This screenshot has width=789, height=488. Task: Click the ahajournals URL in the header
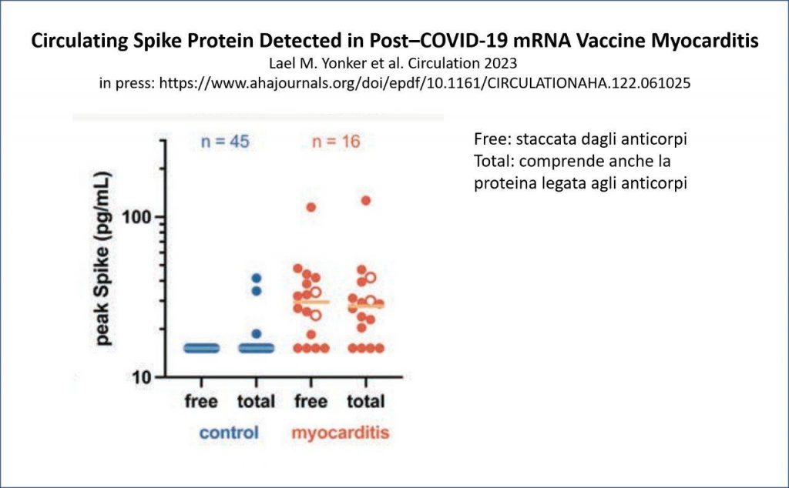[425, 83]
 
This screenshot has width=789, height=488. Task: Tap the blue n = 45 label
[225, 142]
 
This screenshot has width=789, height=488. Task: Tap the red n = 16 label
[336, 142]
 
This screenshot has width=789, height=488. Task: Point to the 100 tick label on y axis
[136, 217]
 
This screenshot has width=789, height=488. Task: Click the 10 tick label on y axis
[142, 377]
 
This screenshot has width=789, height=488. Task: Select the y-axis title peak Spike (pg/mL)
[102, 259]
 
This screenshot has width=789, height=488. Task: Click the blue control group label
[229, 433]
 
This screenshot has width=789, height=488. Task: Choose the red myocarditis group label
[341, 433]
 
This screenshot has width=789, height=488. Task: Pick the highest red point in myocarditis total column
[366, 201]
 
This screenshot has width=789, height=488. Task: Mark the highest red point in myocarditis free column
[311, 207]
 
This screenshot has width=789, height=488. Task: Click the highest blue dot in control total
[257, 278]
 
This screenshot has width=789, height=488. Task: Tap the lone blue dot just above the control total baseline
[257, 334]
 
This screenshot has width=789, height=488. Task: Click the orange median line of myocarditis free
[311, 302]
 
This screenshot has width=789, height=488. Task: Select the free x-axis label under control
[201, 402]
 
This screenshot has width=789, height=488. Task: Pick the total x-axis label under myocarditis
[366, 402]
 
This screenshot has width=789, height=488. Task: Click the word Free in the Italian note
[490, 139]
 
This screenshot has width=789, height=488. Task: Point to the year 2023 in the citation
[499, 63]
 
